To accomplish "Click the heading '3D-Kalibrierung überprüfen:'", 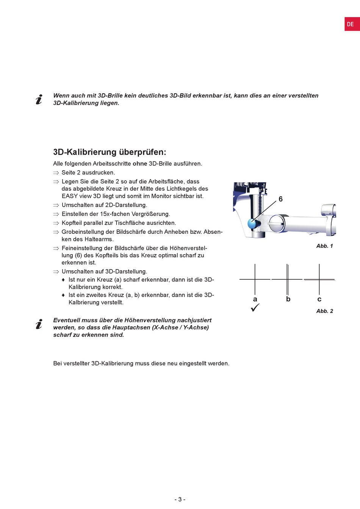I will coord(110,152).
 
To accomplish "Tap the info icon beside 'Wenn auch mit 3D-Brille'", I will coord(39,99).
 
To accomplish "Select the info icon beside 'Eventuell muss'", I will coord(39,324).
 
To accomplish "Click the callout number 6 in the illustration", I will coord(280,199).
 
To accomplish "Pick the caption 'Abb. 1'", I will coord(324,246).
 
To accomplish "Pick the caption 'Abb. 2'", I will coord(324,311).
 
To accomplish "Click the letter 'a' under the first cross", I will coord(255,299).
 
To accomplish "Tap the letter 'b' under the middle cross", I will coord(288,299).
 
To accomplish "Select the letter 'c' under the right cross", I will coord(319,299).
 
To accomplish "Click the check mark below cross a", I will coord(255,308).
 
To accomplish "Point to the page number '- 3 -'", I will coord(180,499).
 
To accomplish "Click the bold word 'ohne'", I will coord(140,164).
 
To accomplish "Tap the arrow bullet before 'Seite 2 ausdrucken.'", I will coord(56,173).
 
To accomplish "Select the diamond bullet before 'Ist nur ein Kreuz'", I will coord(63,280).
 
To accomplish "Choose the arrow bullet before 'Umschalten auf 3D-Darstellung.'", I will coord(56,272).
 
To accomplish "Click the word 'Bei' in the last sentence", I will coord(58,363).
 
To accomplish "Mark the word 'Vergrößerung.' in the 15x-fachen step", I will coord(151,214).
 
